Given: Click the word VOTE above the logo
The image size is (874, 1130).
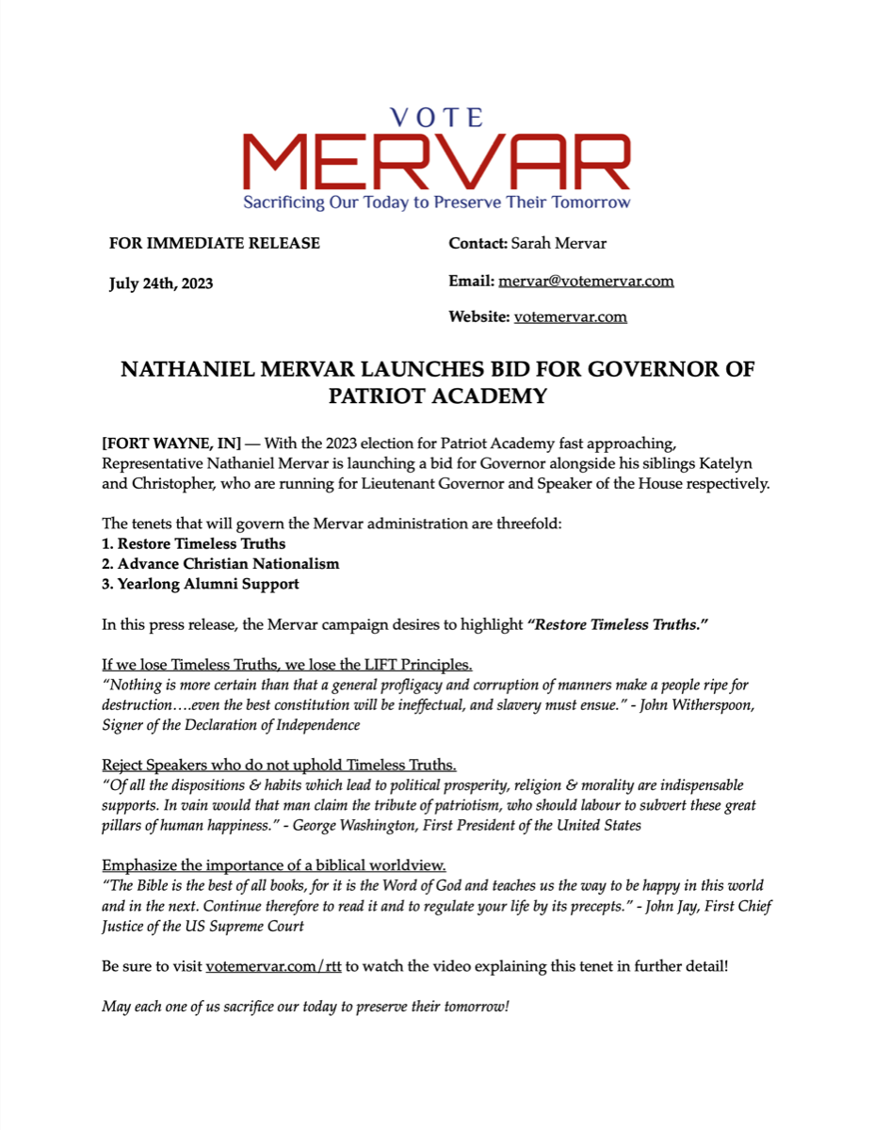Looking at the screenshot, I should point(436,118).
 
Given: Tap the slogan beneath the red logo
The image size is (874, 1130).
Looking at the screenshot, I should point(437,202).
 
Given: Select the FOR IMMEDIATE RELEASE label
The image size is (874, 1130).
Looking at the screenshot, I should point(215,243).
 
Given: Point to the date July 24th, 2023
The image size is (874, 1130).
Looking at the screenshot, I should point(161,283).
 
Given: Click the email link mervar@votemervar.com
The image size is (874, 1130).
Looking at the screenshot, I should point(586,281).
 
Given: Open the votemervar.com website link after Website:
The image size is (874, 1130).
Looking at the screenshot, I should point(570,316).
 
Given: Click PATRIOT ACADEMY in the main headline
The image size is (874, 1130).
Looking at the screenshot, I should point(437,396).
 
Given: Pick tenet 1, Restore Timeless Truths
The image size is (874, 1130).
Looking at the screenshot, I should point(194,543).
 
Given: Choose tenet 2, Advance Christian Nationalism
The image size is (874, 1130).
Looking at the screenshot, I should point(220,564).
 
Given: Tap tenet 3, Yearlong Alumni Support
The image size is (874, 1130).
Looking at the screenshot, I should point(201,584).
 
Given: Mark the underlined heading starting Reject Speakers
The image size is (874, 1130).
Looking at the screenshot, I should point(279,764).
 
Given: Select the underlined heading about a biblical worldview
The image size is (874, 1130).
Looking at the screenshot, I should point(273,865).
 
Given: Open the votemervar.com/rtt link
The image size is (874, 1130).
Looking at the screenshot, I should point(273,967).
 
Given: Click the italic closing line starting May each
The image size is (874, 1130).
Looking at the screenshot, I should point(305,1007).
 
